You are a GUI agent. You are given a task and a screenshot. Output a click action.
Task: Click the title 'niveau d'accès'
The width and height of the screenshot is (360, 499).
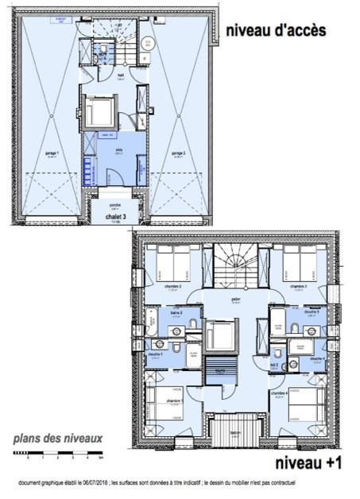tap(275, 32)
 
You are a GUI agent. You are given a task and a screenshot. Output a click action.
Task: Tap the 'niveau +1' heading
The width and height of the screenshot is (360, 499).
tap(306, 462)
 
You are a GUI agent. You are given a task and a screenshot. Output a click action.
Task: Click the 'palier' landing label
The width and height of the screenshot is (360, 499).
tap(235, 300)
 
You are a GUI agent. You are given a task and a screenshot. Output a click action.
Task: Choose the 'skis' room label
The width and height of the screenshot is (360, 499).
tap(118, 150)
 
